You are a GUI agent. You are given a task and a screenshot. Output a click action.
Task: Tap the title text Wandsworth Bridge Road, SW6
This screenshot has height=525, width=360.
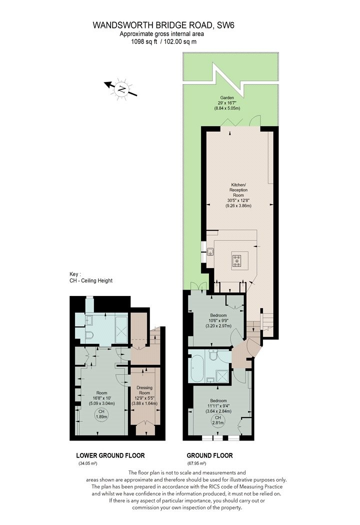[163, 25]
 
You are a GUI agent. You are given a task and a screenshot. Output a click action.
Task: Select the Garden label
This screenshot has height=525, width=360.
[227, 98]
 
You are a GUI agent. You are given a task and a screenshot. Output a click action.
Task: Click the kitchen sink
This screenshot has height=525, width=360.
[210, 251]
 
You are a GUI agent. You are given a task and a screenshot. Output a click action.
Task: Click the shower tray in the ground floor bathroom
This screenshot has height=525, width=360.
[221, 376]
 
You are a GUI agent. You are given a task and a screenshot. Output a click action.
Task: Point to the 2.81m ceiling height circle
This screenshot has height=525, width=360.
[218, 420]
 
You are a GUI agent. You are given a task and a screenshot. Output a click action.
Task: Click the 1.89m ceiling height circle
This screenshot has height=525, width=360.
[101, 414]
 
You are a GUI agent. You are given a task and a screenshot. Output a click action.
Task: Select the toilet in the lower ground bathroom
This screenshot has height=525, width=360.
[89, 335]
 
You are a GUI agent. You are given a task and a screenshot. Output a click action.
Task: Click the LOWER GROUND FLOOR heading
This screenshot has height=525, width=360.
[110, 455]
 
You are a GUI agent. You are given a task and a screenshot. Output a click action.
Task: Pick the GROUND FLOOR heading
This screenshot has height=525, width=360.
[209, 455]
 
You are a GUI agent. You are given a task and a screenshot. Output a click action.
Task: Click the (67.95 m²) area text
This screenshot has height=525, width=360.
[196, 463]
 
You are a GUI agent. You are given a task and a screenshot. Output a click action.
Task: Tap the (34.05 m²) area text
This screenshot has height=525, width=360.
[87, 463]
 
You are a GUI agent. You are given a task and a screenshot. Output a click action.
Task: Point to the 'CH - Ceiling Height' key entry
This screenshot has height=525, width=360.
[91, 280]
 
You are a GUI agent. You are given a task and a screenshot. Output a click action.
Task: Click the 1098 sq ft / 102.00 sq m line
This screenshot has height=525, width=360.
[163, 42]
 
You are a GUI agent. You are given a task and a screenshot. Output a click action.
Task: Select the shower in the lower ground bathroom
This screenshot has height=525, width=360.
[121, 329]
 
